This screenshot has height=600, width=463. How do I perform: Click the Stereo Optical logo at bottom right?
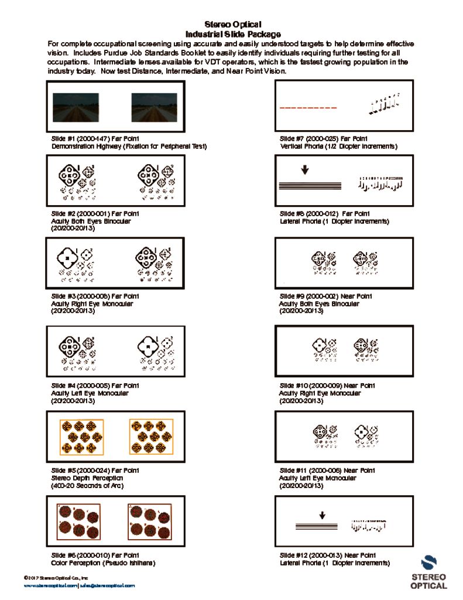pyautogui.click(x=428, y=572)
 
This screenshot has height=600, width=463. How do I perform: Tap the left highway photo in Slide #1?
pyautogui.click(x=76, y=107)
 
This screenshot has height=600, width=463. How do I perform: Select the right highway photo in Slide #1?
pyautogui.click(x=154, y=107)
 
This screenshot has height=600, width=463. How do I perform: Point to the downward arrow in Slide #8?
pyautogui.click(x=305, y=171)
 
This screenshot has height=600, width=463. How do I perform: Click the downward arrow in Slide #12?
pyautogui.click(x=322, y=515)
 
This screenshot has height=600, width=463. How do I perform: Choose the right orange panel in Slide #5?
pyautogui.click(x=152, y=437)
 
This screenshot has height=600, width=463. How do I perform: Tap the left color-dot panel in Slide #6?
pyautogui.click(x=80, y=521)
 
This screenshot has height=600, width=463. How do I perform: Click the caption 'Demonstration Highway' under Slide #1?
pyautogui.click(x=129, y=146)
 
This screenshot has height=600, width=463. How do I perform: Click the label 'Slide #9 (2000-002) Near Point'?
pyautogui.click(x=327, y=296)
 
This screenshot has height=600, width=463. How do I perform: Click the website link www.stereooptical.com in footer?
pyautogui.click(x=50, y=585)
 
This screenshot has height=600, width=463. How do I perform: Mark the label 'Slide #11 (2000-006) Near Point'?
pyautogui.click(x=327, y=471)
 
